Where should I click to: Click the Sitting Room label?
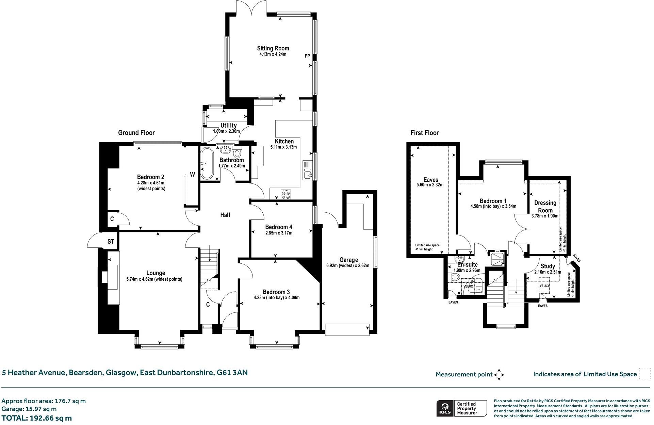273,48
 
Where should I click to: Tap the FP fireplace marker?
307,56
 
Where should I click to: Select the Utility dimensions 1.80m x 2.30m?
226,131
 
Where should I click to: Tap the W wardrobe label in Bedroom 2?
192,175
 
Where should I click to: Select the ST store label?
111,242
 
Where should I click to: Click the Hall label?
225,215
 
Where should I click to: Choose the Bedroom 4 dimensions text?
279,233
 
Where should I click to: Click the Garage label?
348,260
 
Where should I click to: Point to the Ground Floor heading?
136,133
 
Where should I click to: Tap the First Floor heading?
424,133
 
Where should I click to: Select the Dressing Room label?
545,207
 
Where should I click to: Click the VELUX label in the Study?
544,286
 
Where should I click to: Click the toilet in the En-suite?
454,277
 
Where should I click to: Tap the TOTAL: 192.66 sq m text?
37,418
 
